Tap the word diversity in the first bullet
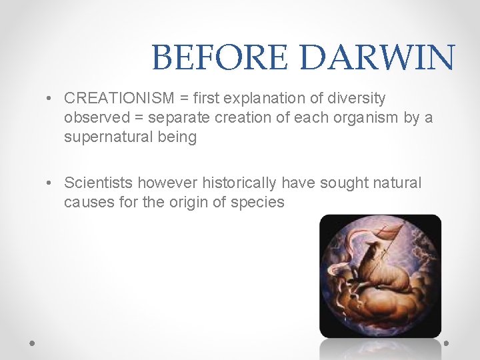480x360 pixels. pyautogui.click(x=357, y=99)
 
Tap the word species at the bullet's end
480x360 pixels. pyautogui.click(x=257, y=202)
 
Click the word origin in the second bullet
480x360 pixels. pyautogui.click(x=191, y=202)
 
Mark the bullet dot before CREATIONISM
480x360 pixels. pyautogui.click(x=51, y=99)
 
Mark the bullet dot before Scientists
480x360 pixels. pyautogui.click(x=51, y=183)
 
